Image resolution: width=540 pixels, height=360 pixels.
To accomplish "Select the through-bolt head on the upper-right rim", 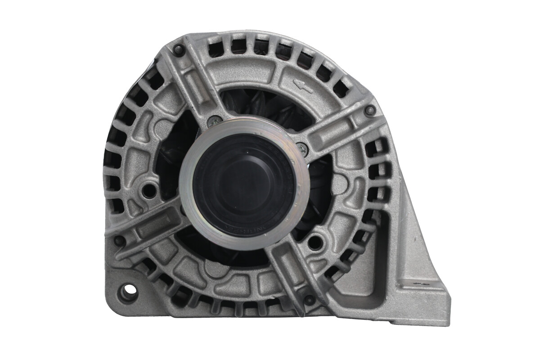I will [x=370, y=110].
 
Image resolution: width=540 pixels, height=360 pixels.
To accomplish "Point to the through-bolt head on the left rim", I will [x=119, y=240].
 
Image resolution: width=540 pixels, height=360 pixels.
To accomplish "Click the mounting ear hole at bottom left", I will [x=127, y=292].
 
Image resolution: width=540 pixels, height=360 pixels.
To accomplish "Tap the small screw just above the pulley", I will [x=214, y=121].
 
